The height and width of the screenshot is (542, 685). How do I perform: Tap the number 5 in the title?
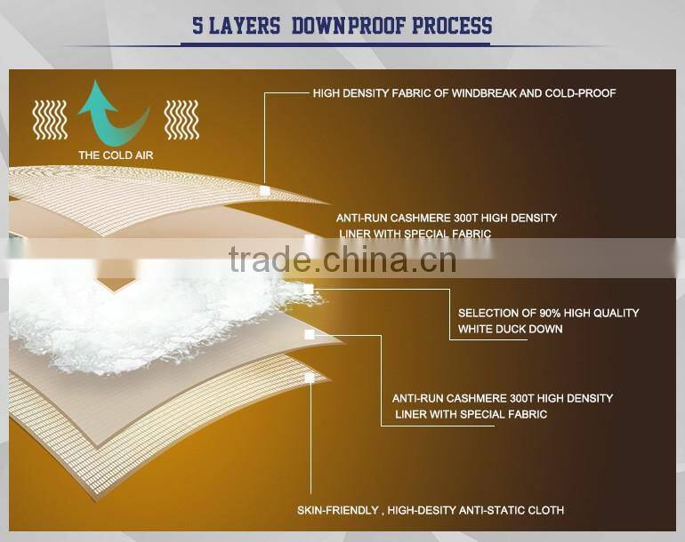[x=198, y=25]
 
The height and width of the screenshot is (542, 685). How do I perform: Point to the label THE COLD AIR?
[x=116, y=155]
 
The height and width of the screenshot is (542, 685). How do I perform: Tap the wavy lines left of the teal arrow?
[x=49, y=119]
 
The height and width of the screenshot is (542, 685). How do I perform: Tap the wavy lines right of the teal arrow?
[x=181, y=119]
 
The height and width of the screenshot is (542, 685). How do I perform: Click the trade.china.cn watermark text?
[x=342, y=259]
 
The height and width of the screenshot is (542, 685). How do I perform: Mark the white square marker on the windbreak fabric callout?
[x=264, y=190]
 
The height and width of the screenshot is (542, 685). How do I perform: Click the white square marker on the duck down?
[x=309, y=290]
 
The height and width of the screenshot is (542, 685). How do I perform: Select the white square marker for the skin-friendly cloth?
[x=309, y=378]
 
